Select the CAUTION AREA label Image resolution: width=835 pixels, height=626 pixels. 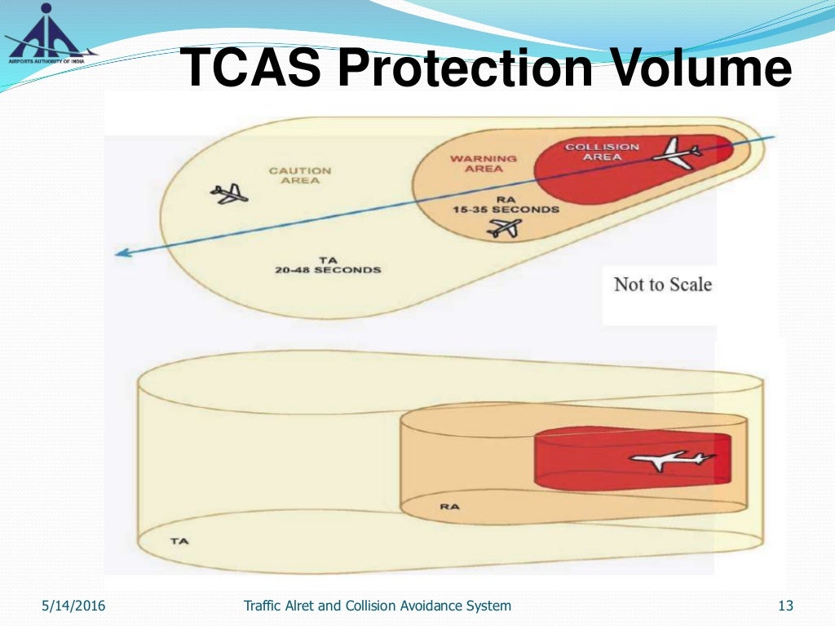[x=300, y=175]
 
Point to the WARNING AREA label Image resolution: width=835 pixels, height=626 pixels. [x=484, y=163]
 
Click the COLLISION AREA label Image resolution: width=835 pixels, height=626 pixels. [x=603, y=152]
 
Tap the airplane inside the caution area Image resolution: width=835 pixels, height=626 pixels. [x=229, y=194]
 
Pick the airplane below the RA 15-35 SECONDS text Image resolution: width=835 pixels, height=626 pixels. [x=503, y=229]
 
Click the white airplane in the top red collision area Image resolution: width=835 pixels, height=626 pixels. [x=678, y=152]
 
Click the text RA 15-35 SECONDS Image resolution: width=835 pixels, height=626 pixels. [x=506, y=204]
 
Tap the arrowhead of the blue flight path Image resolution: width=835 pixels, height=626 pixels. [x=122, y=253]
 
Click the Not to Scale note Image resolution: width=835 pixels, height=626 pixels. [x=662, y=284]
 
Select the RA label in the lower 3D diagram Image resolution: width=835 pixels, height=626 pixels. [x=449, y=506]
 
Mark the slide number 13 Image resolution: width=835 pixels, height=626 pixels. [x=785, y=606]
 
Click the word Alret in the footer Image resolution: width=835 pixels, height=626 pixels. [x=309, y=606]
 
